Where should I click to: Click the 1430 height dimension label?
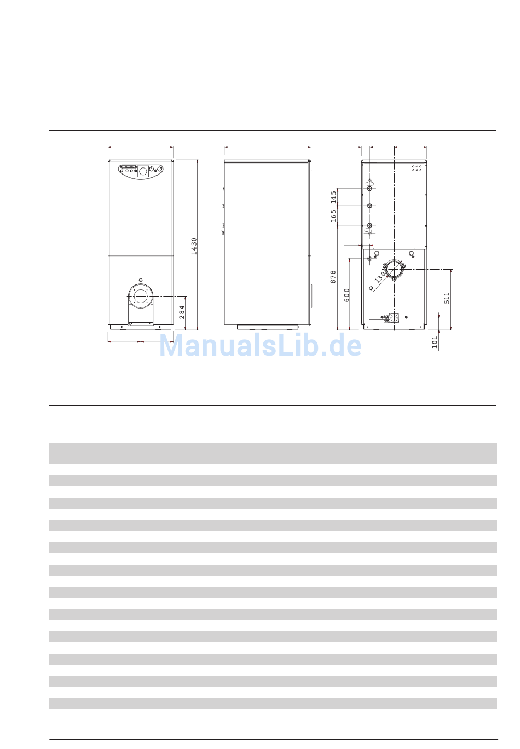click(194, 246)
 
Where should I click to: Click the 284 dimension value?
click(182, 312)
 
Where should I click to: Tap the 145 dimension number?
click(333, 197)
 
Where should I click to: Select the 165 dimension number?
click(333, 216)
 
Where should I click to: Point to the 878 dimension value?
click(333, 277)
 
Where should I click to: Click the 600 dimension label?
click(346, 295)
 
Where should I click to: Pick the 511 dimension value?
click(447, 298)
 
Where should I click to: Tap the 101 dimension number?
click(435, 342)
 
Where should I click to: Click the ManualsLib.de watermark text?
click(260, 345)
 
